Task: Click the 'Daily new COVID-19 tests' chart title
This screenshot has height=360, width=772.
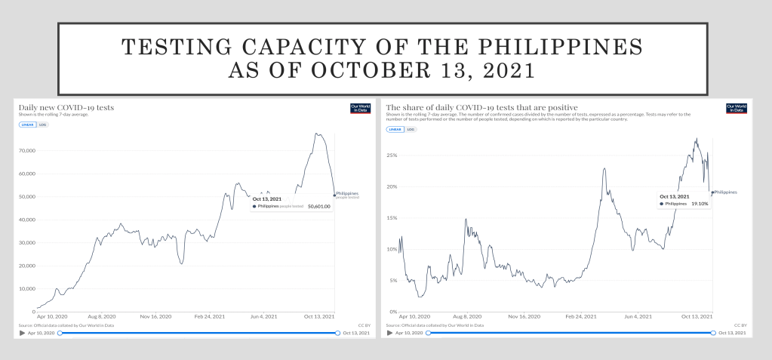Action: tap(66, 108)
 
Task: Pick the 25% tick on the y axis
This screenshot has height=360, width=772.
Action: tap(392, 155)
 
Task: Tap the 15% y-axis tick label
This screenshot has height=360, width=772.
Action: tap(392, 217)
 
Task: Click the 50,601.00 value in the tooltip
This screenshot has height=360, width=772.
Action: tap(318, 206)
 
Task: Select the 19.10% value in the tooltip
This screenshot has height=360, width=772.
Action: tap(700, 204)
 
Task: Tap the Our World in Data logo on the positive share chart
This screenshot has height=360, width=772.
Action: tap(736, 108)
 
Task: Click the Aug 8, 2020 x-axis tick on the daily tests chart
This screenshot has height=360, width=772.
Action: tap(101, 318)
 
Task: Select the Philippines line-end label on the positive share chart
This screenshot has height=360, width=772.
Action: tap(725, 192)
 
